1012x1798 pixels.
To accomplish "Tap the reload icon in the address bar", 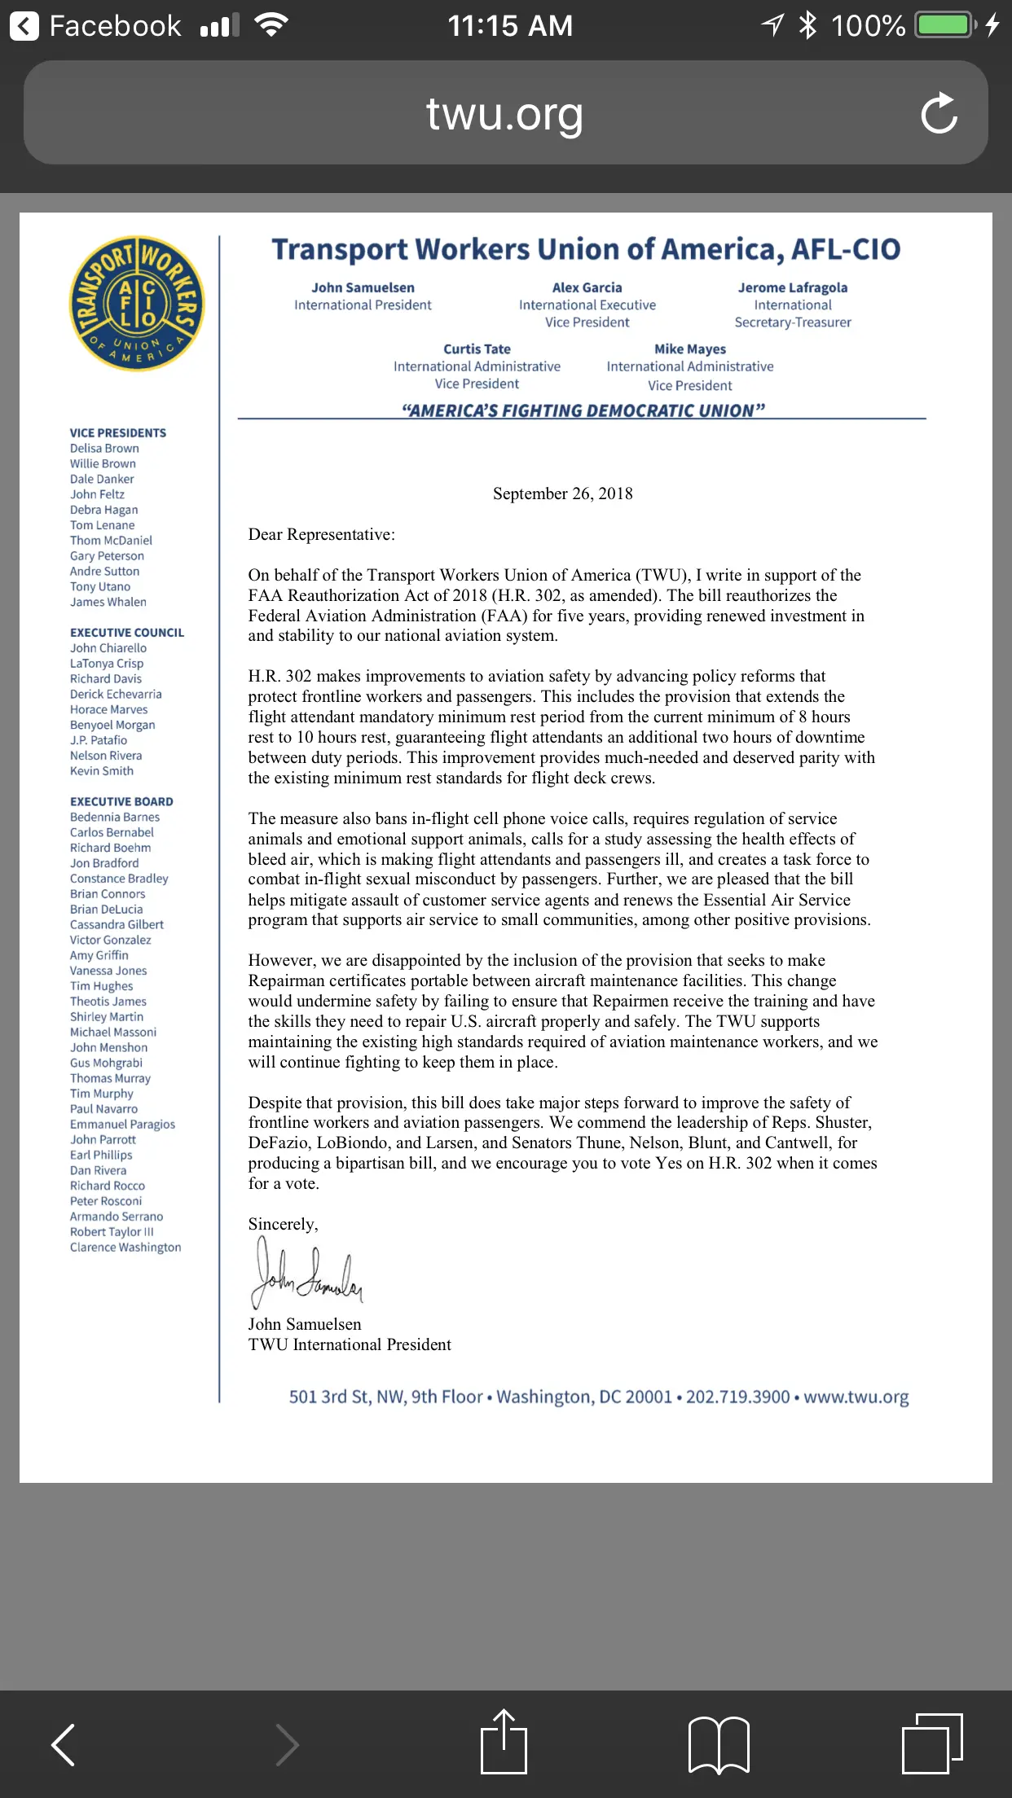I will [x=939, y=113].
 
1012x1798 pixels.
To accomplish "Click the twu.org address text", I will [x=504, y=114].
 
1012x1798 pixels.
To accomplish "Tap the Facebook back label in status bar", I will [x=114, y=26].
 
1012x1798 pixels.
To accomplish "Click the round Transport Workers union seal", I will [x=137, y=304].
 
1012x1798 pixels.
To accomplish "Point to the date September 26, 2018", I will [x=562, y=493].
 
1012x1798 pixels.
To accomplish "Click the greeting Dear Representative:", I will [x=321, y=534].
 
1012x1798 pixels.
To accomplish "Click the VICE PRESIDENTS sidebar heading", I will [x=117, y=433].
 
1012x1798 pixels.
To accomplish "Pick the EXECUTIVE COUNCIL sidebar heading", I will [x=126, y=633].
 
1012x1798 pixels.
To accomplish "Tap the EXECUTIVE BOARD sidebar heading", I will [x=121, y=801].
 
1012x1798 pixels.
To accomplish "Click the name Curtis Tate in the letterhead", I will [x=477, y=349].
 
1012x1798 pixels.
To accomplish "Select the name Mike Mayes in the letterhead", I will [x=689, y=349].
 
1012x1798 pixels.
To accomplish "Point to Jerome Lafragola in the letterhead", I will [x=792, y=287].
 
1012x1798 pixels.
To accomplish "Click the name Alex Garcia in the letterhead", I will [x=587, y=287].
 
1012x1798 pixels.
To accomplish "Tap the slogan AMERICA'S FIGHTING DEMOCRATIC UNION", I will [x=583, y=410].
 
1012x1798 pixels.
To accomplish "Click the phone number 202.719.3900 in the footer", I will [x=737, y=1397].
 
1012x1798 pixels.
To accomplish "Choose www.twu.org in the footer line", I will [x=856, y=1397].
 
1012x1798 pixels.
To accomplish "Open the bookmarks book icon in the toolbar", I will [x=719, y=1744].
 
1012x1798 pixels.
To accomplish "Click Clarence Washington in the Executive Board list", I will [x=125, y=1248].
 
